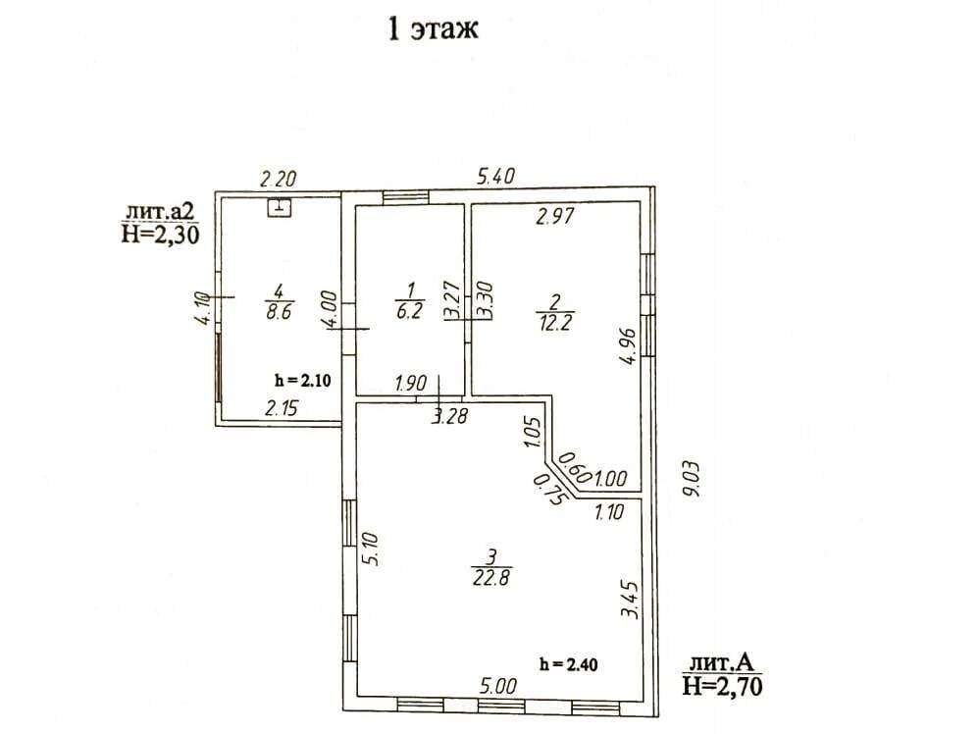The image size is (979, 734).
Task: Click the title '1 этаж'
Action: pos(433,28)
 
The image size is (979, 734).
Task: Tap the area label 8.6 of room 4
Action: pos(279,311)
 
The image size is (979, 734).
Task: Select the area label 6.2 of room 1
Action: pos(410,310)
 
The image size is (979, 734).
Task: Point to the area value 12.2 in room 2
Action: pos(555,323)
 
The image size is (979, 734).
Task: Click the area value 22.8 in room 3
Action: pos(491,577)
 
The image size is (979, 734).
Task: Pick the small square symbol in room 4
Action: pos(280,207)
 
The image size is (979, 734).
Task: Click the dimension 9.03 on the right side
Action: pos(692,479)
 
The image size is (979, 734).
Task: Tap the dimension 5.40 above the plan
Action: pos(496,177)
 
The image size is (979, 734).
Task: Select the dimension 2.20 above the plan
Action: pos(278,180)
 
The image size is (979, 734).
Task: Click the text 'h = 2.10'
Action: pos(303,380)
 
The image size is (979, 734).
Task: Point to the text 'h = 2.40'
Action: pos(568,664)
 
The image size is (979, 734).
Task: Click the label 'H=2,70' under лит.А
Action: pos(722,687)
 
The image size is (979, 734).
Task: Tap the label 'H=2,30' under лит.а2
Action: pos(161,235)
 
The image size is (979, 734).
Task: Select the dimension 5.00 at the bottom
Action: pos(498,687)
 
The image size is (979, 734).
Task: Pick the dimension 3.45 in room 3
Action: pos(630,600)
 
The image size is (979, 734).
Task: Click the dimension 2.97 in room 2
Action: pos(555,216)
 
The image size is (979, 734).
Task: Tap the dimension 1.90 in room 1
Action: pos(411,383)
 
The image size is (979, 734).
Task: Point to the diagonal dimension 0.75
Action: pos(549,489)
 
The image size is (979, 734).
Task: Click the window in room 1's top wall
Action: pos(406,197)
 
